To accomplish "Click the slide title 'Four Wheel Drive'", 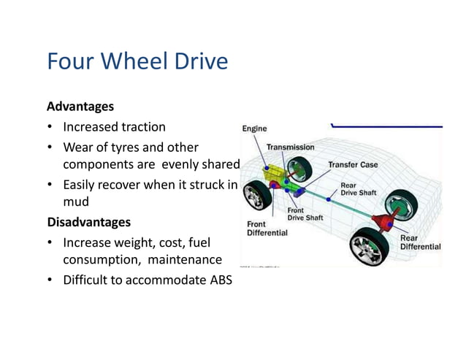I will [x=137, y=61].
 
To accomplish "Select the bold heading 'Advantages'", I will [x=80, y=106].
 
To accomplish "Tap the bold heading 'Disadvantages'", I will [x=88, y=221].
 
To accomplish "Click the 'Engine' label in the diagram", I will [x=254, y=129].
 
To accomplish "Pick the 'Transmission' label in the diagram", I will [x=290, y=147].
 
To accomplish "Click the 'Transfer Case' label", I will [x=353, y=164].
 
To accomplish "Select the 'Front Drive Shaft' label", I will [x=305, y=213].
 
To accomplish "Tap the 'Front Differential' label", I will [x=267, y=229].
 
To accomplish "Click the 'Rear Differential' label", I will [x=420, y=242].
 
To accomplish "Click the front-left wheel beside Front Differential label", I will [x=258, y=196].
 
